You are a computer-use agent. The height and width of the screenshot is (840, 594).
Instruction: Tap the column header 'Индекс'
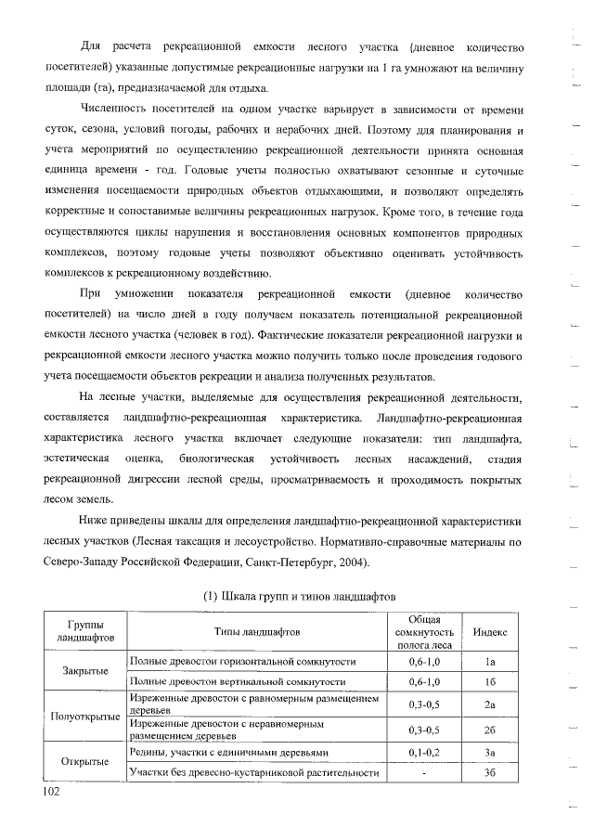[x=490, y=631]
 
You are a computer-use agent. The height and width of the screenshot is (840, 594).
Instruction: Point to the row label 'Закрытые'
[x=85, y=671]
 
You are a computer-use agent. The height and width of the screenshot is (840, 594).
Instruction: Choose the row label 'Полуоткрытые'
[x=85, y=717]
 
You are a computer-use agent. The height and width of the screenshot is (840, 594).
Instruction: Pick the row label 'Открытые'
[x=85, y=762]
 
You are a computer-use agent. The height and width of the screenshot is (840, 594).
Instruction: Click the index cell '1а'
[x=490, y=661]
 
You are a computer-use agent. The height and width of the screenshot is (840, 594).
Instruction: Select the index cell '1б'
[x=490, y=682]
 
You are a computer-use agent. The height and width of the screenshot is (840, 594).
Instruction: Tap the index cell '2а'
[x=490, y=705]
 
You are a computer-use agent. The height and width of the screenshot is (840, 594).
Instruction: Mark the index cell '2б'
[x=490, y=730]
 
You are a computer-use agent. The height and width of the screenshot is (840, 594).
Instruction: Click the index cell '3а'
[x=490, y=752]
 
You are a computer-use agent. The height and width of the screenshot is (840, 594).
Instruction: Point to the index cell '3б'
[x=490, y=773]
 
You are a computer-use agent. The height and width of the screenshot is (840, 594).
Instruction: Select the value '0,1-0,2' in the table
[x=423, y=752]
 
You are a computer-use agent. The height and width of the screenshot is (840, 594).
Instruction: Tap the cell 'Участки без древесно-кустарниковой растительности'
[x=254, y=773]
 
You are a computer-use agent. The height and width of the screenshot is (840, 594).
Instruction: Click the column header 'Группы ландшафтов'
[x=85, y=631]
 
